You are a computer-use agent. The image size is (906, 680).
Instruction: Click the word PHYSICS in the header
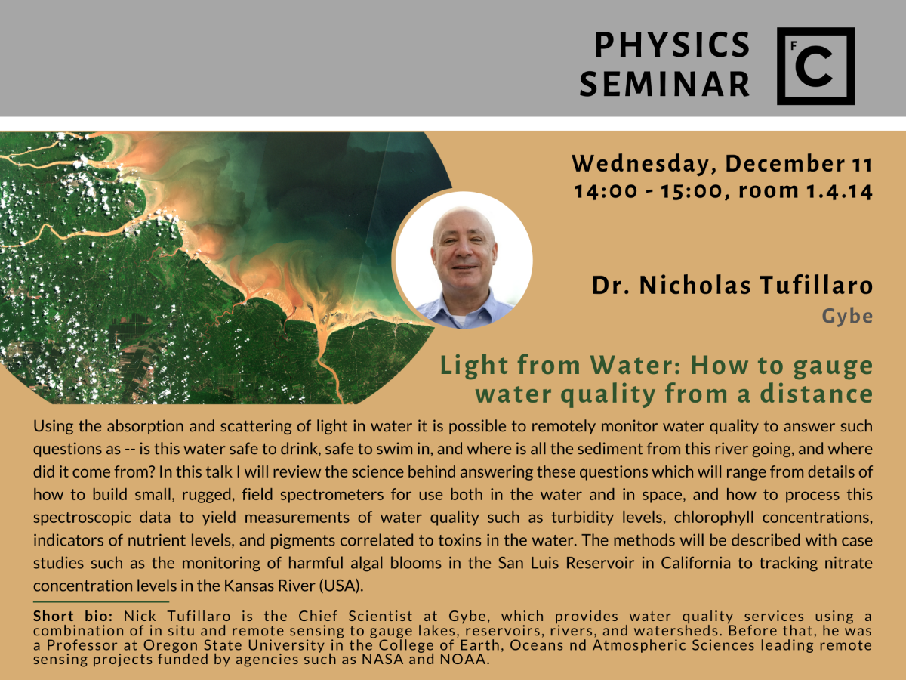[x=672, y=45]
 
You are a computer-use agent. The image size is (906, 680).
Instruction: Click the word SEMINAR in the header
[x=664, y=84]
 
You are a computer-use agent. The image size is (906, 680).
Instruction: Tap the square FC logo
[x=815, y=66]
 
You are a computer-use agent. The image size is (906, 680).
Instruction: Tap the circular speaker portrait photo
[x=462, y=260]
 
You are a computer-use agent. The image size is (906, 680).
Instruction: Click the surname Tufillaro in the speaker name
[x=817, y=286]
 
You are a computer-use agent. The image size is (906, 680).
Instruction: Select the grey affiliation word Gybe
[x=847, y=317]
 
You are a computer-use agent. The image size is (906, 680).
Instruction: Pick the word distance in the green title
[x=816, y=394]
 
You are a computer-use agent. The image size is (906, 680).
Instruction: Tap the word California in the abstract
[x=696, y=563]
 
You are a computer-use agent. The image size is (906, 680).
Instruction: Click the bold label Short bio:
[x=73, y=616]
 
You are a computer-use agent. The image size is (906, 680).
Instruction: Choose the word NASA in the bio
[x=383, y=660]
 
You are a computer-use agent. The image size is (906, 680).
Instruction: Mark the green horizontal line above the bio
[x=101, y=602]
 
